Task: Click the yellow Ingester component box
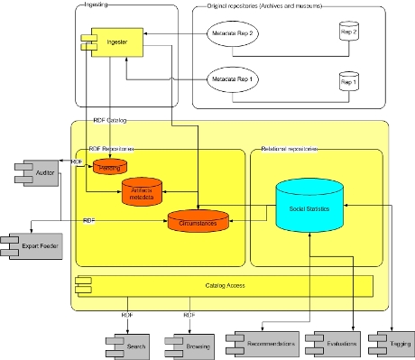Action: click(x=109, y=42)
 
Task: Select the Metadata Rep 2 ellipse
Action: click(x=232, y=34)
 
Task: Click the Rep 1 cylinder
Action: click(x=348, y=84)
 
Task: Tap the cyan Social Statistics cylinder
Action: click(x=309, y=208)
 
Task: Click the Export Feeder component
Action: click(x=35, y=245)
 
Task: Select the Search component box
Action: click(x=134, y=345)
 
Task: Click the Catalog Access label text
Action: click(x=226, y=286)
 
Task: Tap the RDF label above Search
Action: click(x=127, y=315)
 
